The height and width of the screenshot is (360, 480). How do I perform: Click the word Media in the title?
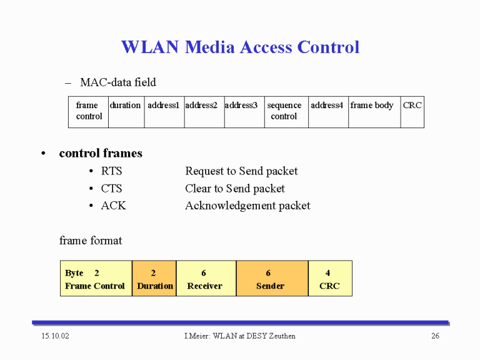coord(210,47)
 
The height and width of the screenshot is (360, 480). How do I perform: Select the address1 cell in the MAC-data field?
coord(164,112)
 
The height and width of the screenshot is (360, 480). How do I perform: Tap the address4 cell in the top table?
coord(329,112)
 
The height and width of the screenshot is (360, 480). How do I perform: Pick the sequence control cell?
coord(286,112)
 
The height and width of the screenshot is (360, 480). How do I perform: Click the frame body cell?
coord(375,112)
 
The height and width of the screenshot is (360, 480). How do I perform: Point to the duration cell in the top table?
coord(126,112)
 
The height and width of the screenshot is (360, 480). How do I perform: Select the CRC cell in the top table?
coord(412,112)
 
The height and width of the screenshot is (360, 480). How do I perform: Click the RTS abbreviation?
coord(111,171)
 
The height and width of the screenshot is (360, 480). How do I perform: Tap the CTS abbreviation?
coord(111,188)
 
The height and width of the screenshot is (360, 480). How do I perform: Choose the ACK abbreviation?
coord(114,206)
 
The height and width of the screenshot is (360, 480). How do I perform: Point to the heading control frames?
coord(101,153)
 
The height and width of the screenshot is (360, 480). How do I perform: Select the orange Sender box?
coord(272,278)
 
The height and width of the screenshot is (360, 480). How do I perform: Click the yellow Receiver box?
coord(206,278)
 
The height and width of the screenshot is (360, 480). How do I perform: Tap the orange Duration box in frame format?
coord(154,278)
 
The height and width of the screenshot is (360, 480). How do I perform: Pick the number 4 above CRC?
coord(328,272)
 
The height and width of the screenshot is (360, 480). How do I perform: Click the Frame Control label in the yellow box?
coord(95,286)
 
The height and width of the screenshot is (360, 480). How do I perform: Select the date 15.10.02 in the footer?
coord(56,336)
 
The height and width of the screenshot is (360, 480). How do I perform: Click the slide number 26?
coord(435,336)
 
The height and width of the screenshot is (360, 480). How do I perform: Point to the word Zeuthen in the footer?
coord(282,336)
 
